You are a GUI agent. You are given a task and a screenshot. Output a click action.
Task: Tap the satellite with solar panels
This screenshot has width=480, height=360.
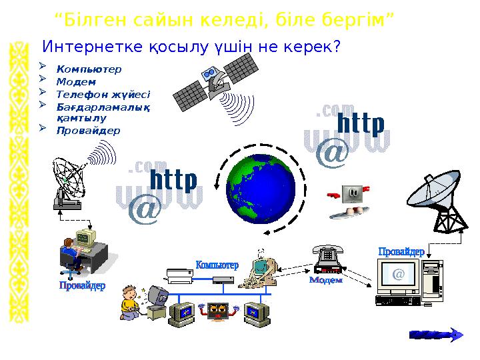213,79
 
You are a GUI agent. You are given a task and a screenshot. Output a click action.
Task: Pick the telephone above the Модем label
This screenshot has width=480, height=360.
326,259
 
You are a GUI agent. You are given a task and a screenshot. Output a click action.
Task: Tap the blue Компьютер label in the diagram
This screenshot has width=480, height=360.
217,265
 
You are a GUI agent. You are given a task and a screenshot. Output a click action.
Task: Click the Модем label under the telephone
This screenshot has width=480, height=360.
325,281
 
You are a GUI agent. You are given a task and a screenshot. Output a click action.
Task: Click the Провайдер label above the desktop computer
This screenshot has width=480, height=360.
401,251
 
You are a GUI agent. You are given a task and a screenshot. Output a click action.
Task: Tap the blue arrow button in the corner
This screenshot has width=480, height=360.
435,335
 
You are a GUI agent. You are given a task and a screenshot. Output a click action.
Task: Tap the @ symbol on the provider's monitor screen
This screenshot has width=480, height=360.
399,274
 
